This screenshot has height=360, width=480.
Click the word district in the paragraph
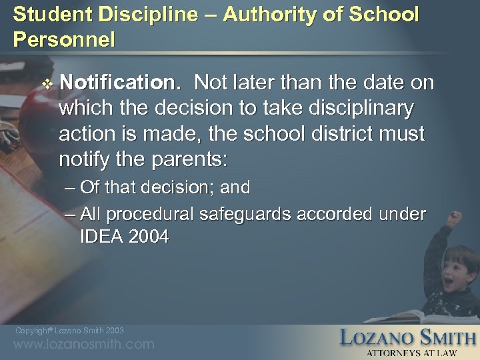pos(339,135)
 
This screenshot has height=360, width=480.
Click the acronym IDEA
pos(99,237)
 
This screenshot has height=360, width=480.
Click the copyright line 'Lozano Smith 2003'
pos(69,331)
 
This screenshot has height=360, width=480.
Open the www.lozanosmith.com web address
pos(83,345)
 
